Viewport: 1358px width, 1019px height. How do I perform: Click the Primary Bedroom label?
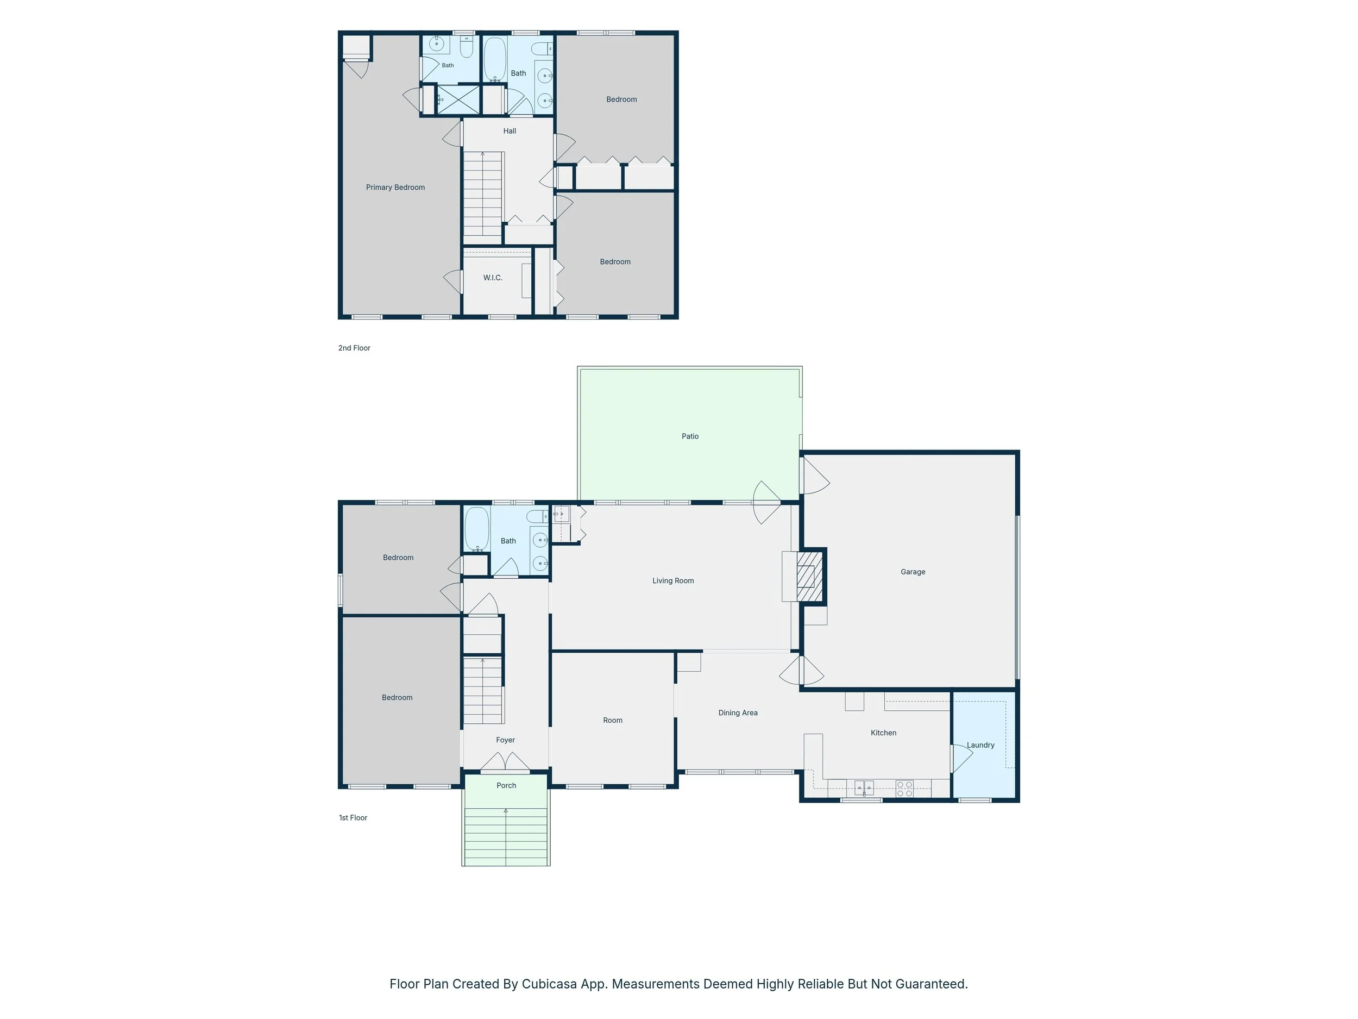click(x=395, y=187)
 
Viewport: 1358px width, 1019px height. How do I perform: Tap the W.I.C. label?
click(x=492, y=278)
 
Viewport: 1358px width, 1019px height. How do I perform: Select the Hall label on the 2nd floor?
click(x=510, y=131)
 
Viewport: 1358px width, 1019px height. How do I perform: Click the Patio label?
click(x=690, y=436)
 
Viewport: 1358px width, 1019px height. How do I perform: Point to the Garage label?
click(x=913, y=572)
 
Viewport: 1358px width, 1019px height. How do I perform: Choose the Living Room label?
click(x=673, y=580)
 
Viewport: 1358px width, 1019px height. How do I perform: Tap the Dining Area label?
click(x=738, y=712)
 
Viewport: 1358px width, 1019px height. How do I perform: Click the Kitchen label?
click(x=883, y=733)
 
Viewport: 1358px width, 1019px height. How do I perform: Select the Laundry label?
click(x=980, y=745)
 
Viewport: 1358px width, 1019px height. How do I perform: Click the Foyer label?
click(x=505, y=740)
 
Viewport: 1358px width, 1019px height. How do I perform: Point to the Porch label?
click(x=506, y=786)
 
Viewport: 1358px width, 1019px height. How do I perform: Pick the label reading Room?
click(x=613, y=721)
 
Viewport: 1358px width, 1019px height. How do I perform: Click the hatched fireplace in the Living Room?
click(x=809, y=576)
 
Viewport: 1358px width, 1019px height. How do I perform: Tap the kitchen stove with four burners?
click(x=904, y=789)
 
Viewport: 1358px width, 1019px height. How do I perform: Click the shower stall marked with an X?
click(x=458, y=99)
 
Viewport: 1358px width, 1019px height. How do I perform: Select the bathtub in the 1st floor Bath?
click(x=476, y=529)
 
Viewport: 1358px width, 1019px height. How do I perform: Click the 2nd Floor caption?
click(x=354, y=348)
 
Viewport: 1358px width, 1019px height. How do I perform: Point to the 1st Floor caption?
click(x=353, y=817)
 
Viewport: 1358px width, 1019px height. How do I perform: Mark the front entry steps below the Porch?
click(x=506, y=837)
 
